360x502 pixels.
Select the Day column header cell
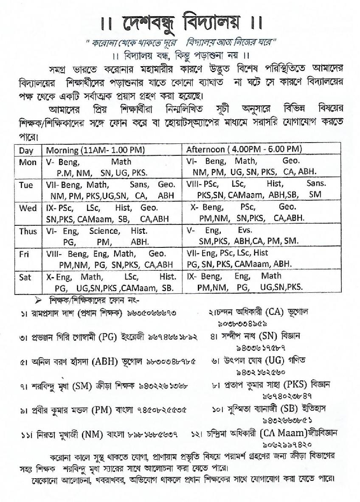(x=26, y=150)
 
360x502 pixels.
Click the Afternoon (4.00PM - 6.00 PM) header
(x=244, y=149)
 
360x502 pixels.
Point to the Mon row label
(x=28, y=162)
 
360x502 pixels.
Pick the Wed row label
(x=28, y=208)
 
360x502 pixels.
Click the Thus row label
(x=28, y=231)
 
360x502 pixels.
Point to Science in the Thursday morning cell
(x=104, y=231)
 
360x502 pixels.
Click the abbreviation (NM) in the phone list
(x=95, y=435)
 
